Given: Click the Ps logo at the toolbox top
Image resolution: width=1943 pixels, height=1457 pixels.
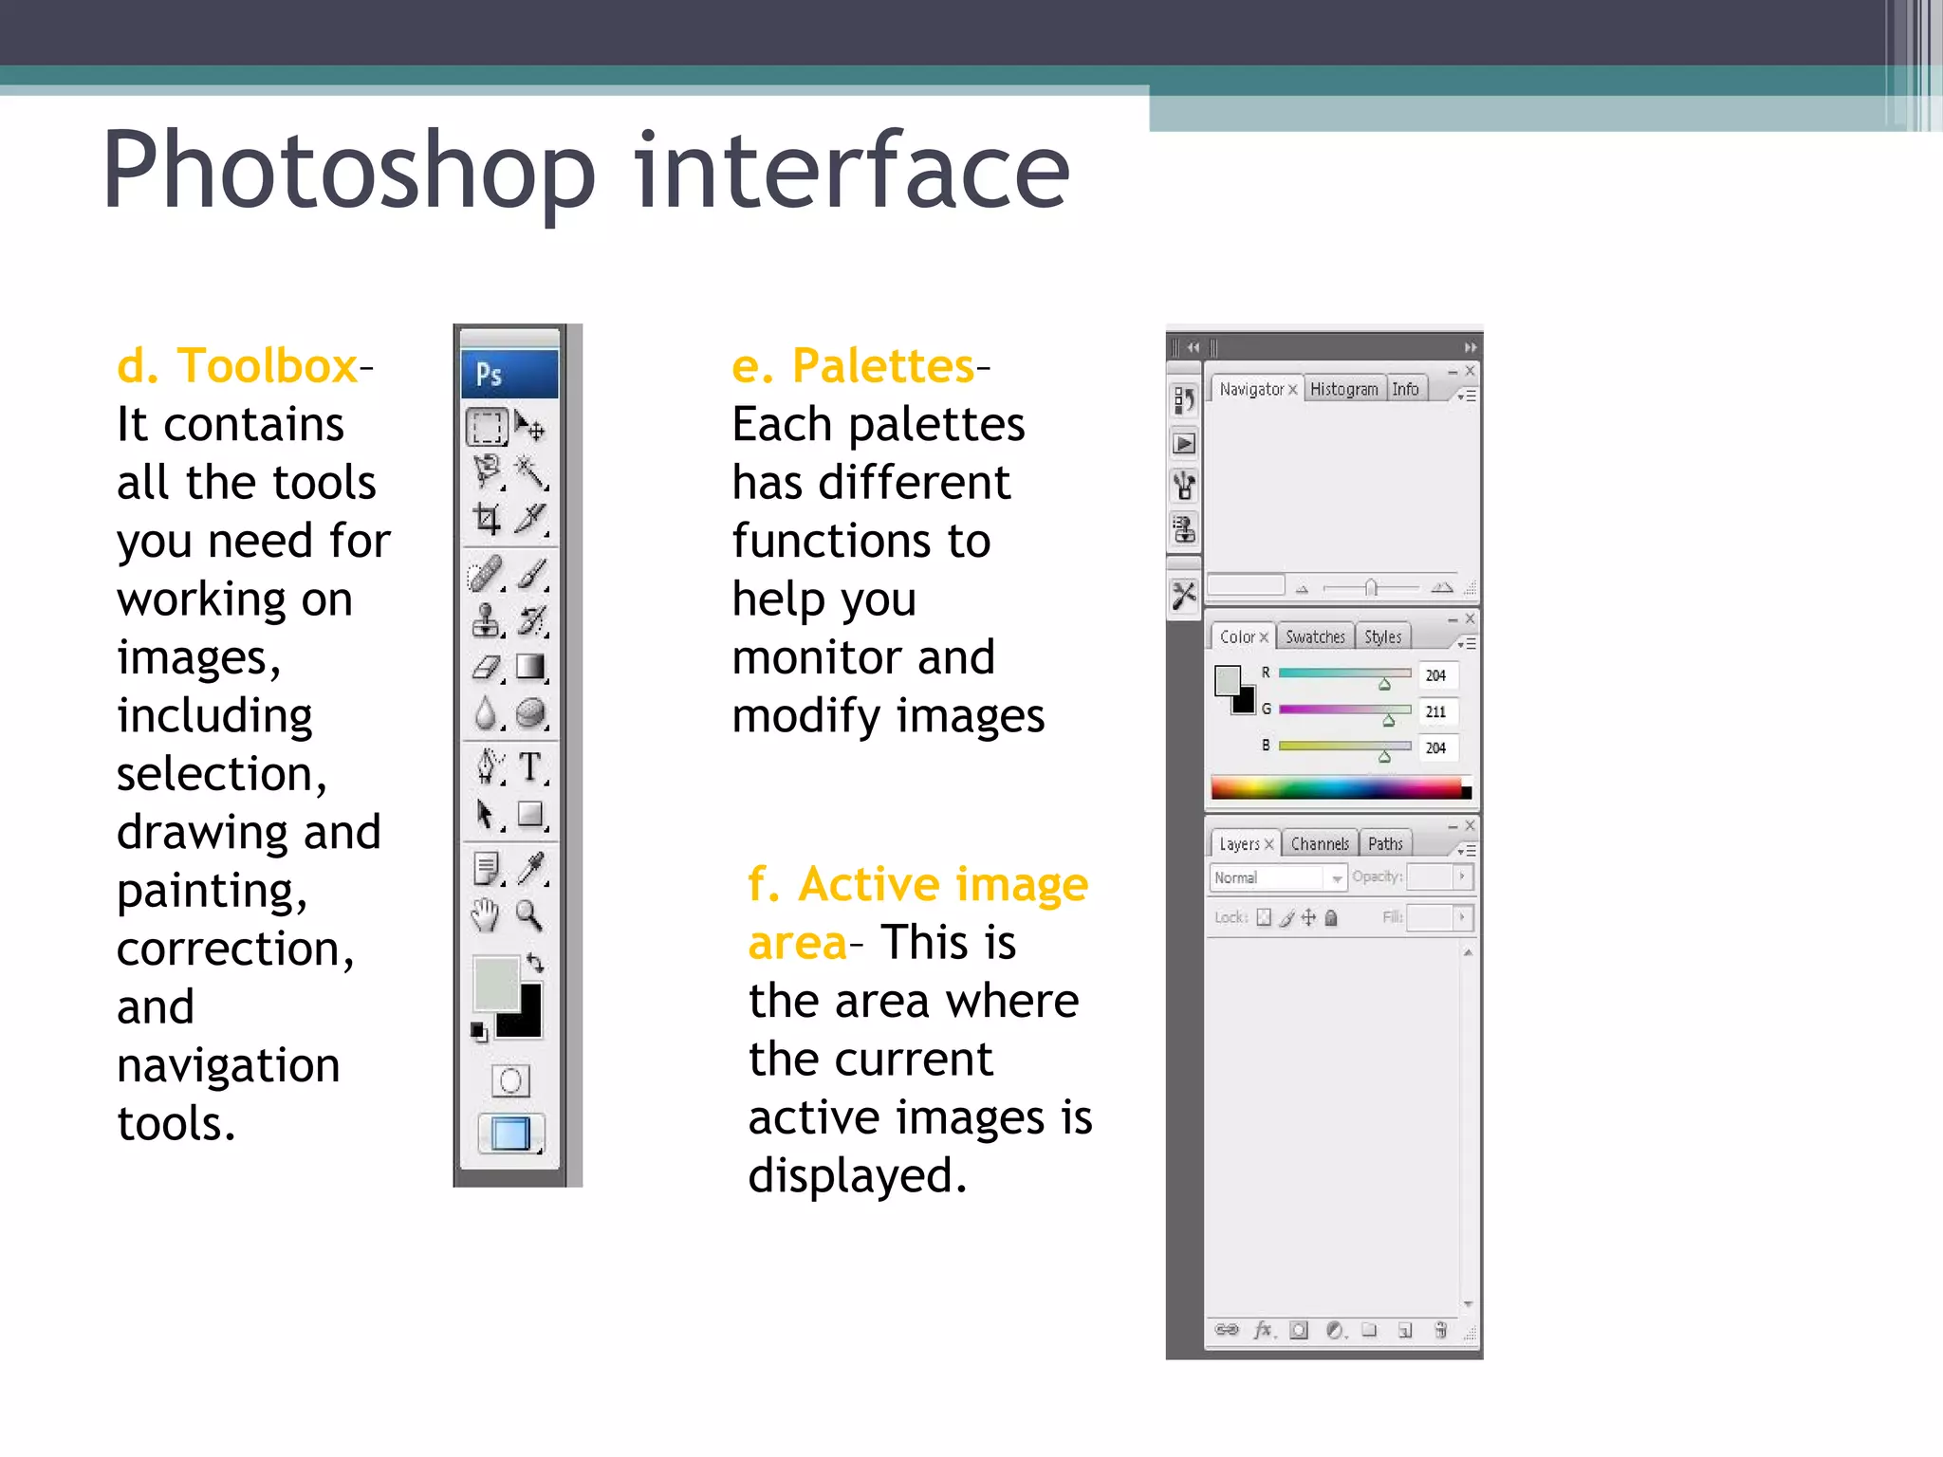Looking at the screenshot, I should [489, 375].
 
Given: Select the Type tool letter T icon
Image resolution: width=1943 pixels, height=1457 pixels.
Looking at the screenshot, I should [530, 766].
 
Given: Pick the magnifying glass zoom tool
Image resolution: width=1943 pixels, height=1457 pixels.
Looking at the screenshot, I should [528, 915].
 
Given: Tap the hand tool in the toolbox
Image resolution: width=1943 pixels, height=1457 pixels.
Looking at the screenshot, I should [485, 915].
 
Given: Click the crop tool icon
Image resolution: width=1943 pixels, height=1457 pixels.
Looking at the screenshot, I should [487, 518].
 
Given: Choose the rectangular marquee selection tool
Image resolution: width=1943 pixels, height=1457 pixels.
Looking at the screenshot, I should [487, 427].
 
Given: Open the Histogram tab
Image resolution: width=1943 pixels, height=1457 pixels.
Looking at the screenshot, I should [1343, 389].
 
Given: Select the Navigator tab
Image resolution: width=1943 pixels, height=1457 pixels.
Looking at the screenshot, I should [1251, 389].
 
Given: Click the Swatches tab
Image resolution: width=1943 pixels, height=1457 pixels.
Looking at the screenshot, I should [1315, 637].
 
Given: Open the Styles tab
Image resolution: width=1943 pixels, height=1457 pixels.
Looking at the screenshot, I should [1382, 637].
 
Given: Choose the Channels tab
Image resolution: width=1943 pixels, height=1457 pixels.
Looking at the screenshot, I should [1319, 844].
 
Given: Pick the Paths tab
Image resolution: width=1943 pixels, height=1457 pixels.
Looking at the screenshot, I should [1385, 844].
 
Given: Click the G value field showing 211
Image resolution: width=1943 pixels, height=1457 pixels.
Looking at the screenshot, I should [1436, 711].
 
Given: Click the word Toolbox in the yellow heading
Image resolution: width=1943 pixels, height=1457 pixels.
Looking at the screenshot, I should [268, 366].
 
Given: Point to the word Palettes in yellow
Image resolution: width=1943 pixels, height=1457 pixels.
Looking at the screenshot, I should [882, 366].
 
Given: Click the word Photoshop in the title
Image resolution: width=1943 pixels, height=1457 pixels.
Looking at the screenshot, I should [349, 171].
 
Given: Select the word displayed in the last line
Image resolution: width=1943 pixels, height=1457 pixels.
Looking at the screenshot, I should [856, 1176].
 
